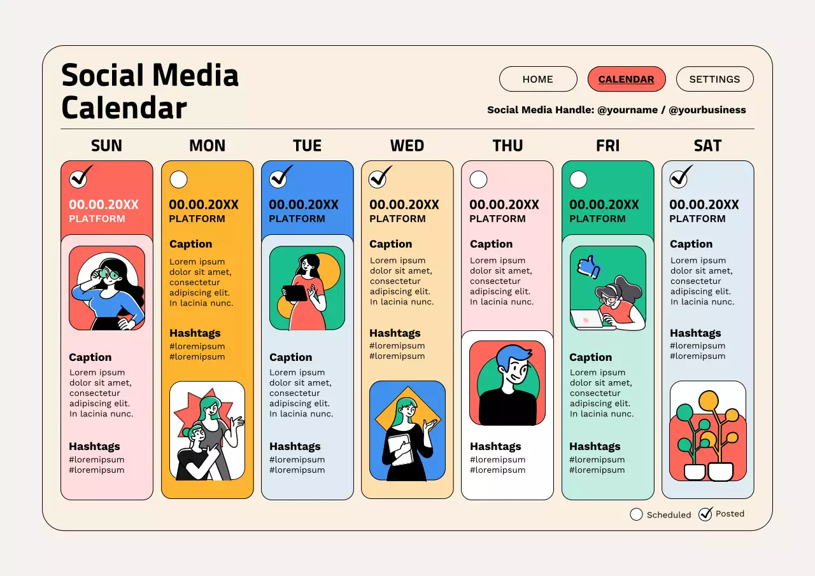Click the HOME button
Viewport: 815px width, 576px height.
[x=538, y=79]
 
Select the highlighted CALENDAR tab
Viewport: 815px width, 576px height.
[x=627, y=79]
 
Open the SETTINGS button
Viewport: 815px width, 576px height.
[x=714, y=79]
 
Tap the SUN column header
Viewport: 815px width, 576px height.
[x=106, y=146]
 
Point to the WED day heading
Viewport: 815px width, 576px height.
[x=407, y=146]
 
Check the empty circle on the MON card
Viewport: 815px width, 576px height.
[x=179, y=179]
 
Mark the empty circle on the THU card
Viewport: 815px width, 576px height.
[x=478, y=179]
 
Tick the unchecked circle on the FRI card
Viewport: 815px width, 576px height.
[x=578, y=179]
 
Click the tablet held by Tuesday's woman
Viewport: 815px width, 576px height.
[x=295, y=293]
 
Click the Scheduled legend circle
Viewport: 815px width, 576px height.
[x=636, y=514]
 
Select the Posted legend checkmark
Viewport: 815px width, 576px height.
[x=705, y=514]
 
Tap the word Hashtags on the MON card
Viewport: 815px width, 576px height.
[x=195, y=333]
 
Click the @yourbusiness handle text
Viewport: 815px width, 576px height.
[x=707, y=109]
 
